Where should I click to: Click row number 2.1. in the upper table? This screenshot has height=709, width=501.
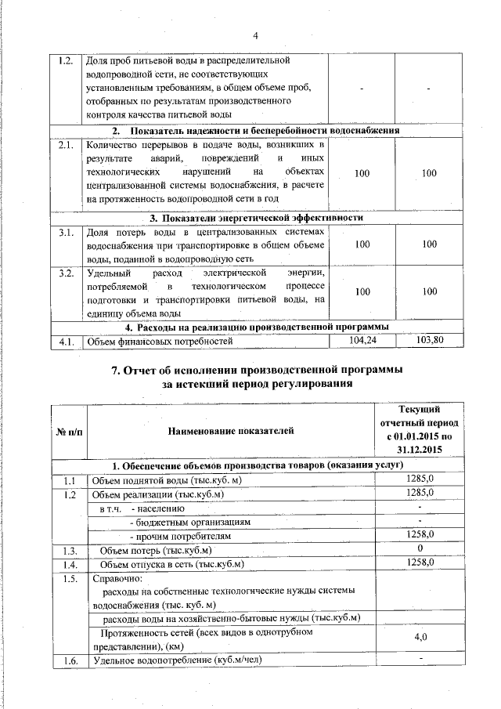click(x=67, y=145)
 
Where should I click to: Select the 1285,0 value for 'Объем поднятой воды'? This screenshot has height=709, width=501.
click(x=420, y=479)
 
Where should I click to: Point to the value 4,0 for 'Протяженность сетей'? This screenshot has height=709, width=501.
click(x=420, y=637)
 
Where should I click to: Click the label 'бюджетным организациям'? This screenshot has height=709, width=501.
click(x=183, y=521)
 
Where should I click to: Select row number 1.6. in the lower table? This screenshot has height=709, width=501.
click(x=69, y=662)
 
